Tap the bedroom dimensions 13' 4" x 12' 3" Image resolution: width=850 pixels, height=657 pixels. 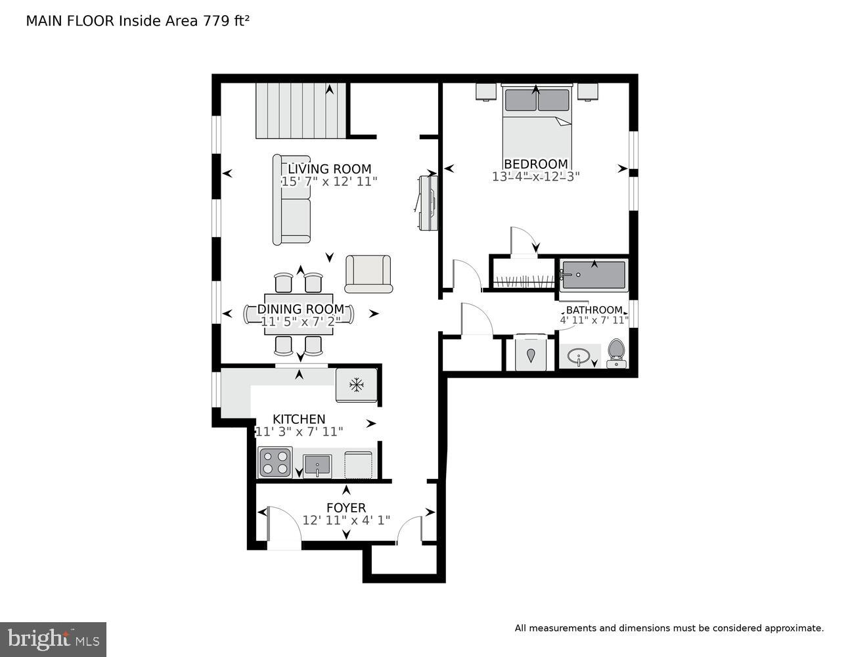(x=535, y=177)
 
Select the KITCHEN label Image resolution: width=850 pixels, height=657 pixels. (x=299, y=419)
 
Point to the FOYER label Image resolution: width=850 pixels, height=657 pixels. (x=346, y=508)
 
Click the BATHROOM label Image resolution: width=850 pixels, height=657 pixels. (x=594, y=309)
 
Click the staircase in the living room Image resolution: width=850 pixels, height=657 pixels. (x=301, y=110)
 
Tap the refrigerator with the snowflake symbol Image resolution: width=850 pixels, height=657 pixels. (x=357, y=384)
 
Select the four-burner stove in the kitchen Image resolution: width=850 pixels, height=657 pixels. (x=275, y=462)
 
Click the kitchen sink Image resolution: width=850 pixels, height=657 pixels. (x=317, y=465)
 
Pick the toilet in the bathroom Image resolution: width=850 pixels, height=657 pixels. (x=616, y=352)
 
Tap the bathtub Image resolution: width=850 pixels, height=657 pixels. (x=594, y=275)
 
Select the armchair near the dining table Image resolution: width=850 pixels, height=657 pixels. (x=368, y=273)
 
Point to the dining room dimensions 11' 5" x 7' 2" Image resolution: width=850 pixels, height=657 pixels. (x=300, y=322)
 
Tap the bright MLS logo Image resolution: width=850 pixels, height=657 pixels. (x=53, y=639)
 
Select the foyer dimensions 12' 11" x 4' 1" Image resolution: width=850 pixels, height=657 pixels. (x=346, y=520)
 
